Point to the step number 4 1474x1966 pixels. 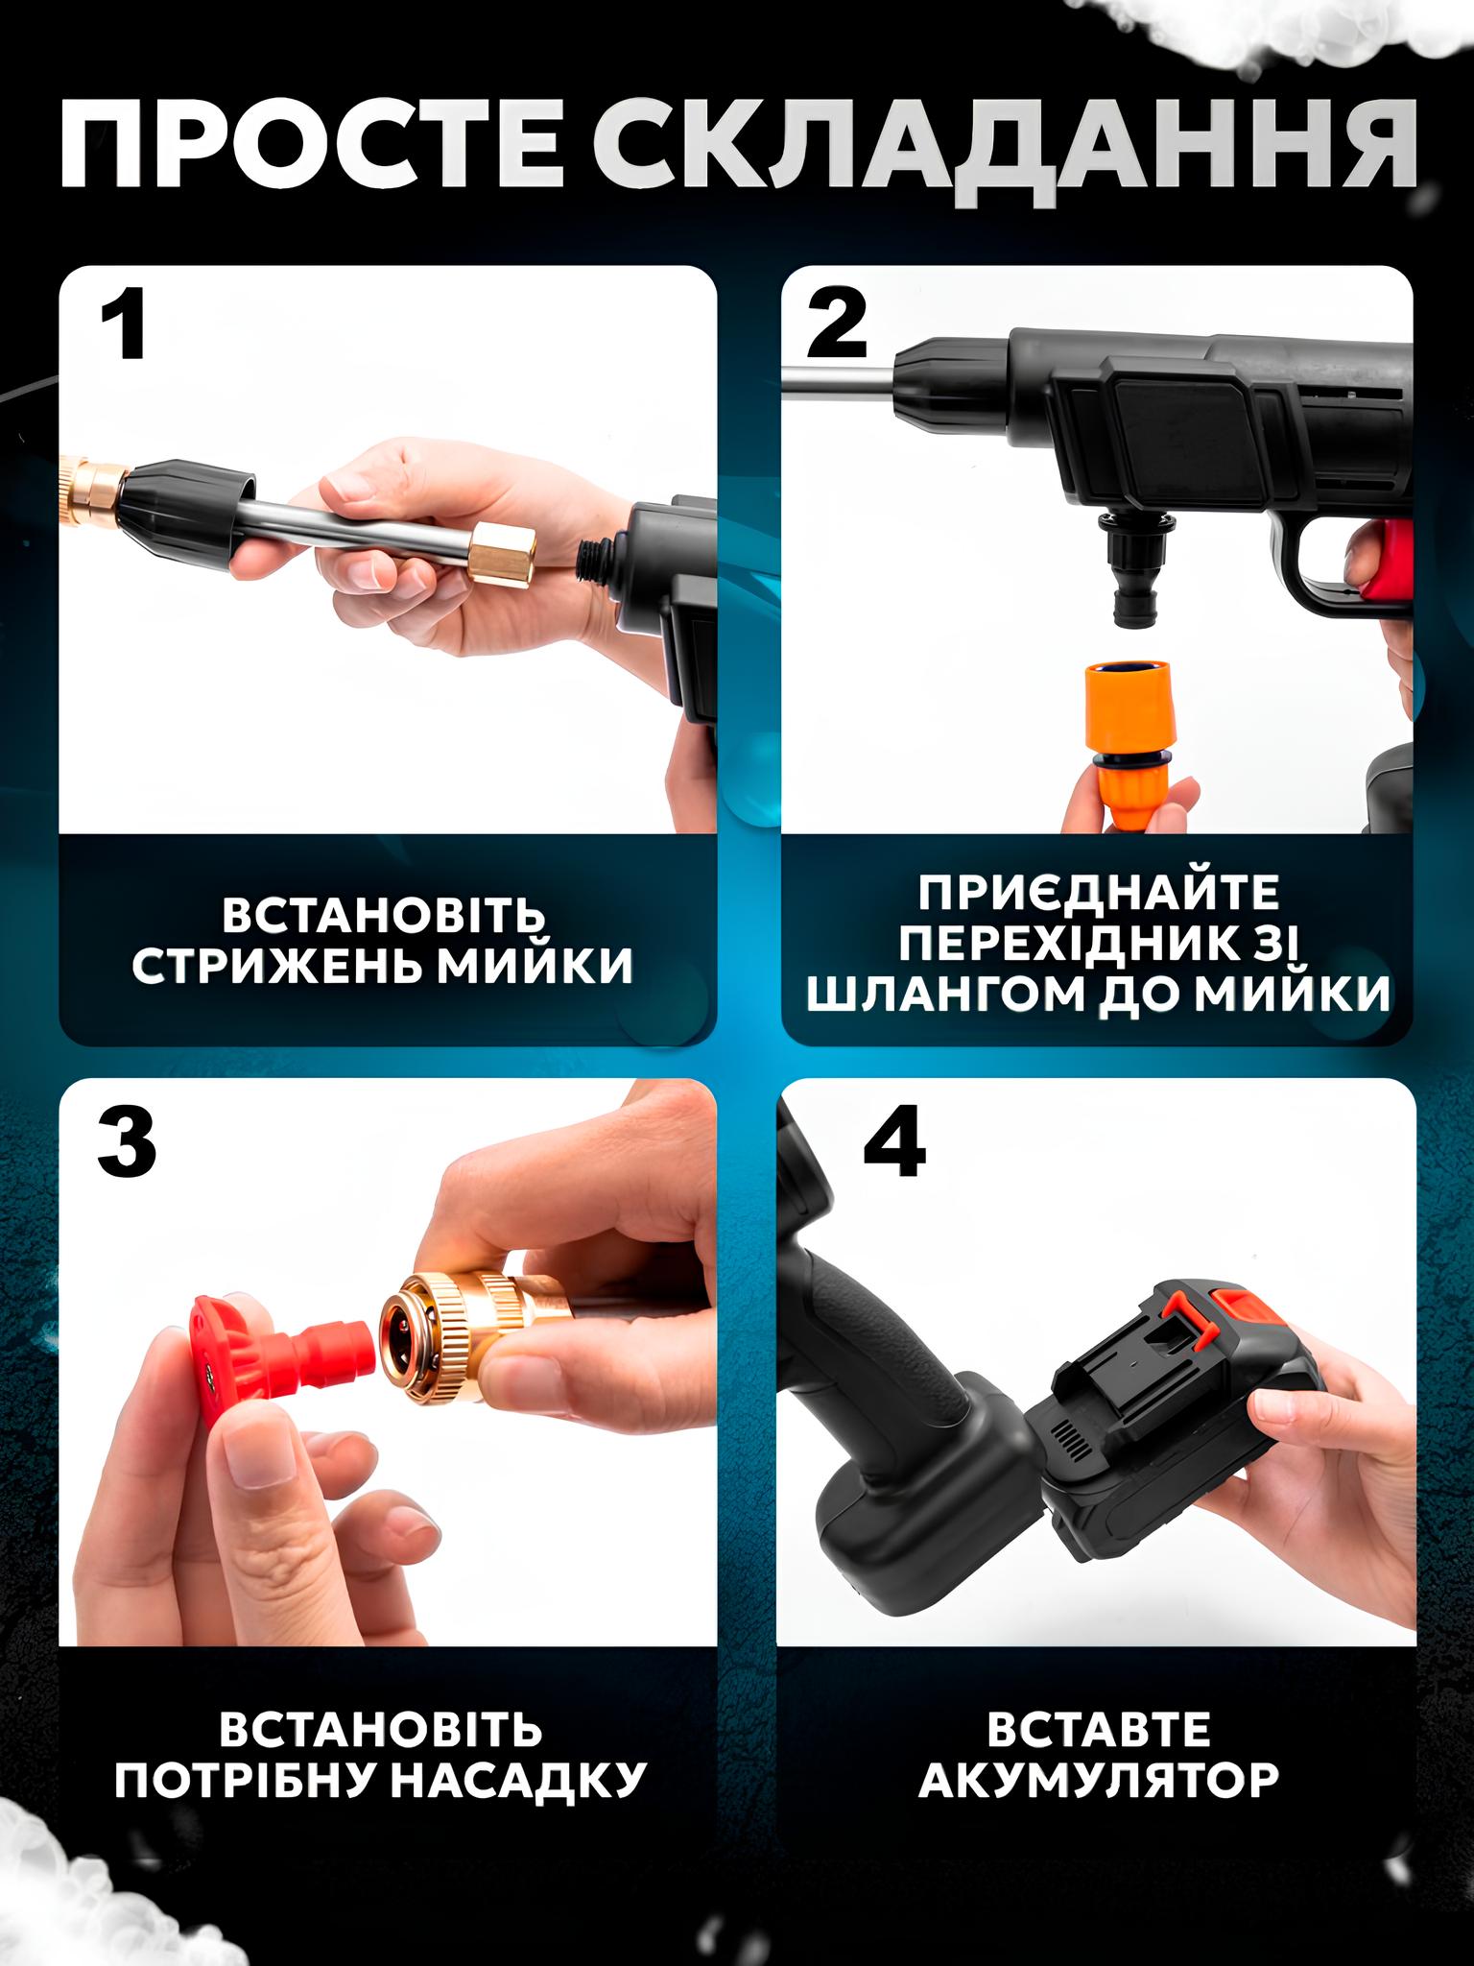click(894, 1146)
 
